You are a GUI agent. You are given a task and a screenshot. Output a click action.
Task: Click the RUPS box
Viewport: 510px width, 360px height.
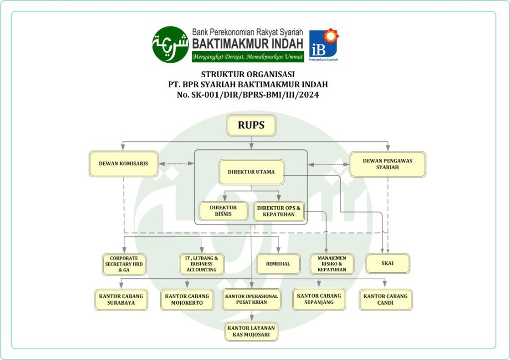pos(252,125)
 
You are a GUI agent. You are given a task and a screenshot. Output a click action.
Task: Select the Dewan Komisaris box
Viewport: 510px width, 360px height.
pos(124,164)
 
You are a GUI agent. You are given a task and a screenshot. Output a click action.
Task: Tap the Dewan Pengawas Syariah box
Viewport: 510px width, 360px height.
pos(387,164)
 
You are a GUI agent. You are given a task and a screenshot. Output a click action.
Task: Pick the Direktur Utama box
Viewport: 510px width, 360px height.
pos(252,172)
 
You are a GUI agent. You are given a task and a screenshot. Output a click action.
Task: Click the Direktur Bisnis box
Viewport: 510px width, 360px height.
pos(224,211)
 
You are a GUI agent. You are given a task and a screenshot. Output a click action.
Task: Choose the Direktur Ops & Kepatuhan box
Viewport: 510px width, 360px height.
pos(279,211)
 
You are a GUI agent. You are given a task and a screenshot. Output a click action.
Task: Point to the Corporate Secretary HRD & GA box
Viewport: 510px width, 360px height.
pos(124,264)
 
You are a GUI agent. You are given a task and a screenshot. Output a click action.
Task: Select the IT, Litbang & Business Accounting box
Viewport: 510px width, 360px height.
pos(202,264)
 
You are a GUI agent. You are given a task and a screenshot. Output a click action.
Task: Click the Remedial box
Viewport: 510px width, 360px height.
pos(278,264)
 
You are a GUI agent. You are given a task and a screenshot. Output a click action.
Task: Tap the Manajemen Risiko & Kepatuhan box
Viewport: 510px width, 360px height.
pos(332,264)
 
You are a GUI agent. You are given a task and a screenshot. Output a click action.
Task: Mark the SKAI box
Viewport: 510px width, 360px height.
pos(387,263)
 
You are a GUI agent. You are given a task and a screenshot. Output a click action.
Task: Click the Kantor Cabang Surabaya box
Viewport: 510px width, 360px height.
pos(121,300)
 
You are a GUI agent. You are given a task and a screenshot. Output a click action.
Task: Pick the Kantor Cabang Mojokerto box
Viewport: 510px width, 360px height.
pos(187,300)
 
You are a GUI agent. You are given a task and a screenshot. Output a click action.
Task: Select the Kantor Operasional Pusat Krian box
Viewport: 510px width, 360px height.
pos(252,299)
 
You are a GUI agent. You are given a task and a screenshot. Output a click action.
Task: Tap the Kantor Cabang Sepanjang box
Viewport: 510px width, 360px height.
pos(319,299)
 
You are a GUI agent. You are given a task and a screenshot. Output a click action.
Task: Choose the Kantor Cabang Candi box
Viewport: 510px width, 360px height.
pos(385,300)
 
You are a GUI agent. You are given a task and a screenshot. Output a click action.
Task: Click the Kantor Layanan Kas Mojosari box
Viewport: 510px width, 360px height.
pos(252,332)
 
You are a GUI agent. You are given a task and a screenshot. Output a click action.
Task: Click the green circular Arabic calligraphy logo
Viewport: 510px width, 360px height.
pos(170,44)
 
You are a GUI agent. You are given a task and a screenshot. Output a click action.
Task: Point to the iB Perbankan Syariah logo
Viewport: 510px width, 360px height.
pos(324,44)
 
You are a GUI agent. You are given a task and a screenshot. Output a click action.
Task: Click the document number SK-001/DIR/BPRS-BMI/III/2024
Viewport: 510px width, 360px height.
pos(248,95)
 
